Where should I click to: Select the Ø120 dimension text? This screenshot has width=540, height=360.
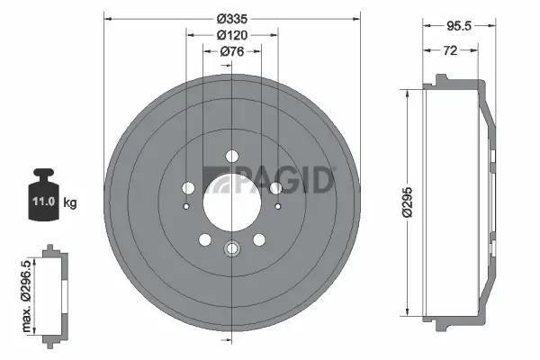tap(232, 35)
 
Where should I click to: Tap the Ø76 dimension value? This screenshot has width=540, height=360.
tap(232, 52)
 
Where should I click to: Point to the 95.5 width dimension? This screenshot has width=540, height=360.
tap(459, 27)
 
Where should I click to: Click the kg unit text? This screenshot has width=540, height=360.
tap(70, 202)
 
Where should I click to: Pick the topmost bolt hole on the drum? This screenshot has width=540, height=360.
tap(232, 154)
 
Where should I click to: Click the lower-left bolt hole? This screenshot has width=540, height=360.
tap(205, 239)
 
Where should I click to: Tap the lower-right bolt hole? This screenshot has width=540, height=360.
tap(259, 239)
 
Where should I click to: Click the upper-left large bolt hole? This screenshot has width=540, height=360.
tap(189, 187)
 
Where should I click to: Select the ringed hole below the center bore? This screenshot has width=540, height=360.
tap(232, 249)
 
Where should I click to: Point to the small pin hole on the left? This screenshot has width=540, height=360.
tap(186, 207)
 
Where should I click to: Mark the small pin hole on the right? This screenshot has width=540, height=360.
tap(278, 207)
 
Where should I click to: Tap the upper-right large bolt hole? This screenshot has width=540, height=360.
tap(275, 187)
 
